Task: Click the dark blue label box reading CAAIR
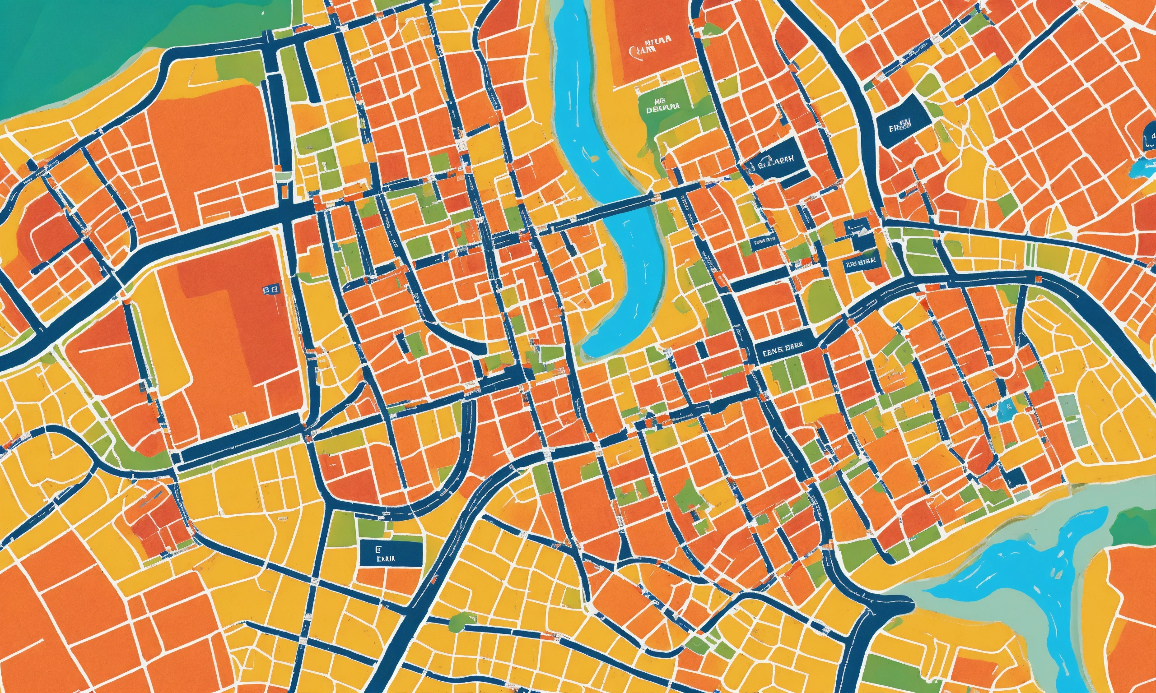[x=391, y=554]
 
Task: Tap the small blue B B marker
[x=270, y=291]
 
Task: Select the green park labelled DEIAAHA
[x=662, y=108]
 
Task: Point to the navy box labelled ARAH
[x=777, y=162]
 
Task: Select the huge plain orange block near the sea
[x=210, y=140]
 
